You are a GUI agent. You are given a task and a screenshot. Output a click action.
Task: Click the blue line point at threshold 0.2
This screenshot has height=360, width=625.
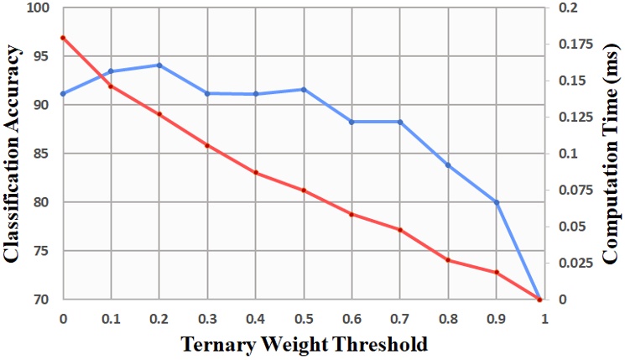pyautogui.click(x=159, y=65)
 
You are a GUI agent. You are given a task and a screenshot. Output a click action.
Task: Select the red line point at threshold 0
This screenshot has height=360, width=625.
pyautogui.click(x=63, y=38)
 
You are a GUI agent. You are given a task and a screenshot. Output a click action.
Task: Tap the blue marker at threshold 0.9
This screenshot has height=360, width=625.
pyautogui.click(x=497, y=202)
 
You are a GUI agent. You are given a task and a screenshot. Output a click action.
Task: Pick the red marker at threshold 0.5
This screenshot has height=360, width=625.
pyautogui.click(x=304, y=190)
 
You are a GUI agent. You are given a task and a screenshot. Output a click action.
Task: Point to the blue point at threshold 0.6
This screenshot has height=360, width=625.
pyautogui.click(x=352, y=122)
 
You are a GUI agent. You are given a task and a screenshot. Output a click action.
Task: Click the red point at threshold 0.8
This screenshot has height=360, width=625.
pyautogui.click(x=448, y=260)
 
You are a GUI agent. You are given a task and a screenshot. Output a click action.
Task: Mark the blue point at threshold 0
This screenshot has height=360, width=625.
pyautogui.click(x=63, y=94)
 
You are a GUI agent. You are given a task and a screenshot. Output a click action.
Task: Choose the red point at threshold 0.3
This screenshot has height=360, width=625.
pyautogui.click(x=207, y=145)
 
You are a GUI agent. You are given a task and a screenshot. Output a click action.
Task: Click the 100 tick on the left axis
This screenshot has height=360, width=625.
pyautogui.click(x=38, y=8)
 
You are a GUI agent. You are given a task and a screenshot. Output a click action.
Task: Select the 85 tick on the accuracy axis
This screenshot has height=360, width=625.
pyautogui.click(x=42, y=154)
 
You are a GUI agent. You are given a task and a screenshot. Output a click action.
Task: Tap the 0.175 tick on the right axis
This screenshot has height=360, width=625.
pyautogui.click(x=576, y=44)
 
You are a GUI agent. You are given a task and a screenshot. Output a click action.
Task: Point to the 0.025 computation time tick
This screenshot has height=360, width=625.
pyautogui.click(x=576, y=263)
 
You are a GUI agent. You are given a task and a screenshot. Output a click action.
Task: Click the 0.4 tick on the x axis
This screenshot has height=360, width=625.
pyautogui.click(x=256, y=319)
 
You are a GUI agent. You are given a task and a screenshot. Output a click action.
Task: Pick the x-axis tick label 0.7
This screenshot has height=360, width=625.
pyautogui.click(x=400, y=319)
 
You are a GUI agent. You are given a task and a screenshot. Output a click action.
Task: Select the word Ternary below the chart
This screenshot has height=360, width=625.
pyautogui.click(x=217, y=345)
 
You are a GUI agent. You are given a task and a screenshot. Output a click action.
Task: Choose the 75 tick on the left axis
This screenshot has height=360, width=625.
pyautogui.click(x=42, y=251)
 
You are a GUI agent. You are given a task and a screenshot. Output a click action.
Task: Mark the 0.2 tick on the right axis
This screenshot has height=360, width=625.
pyautogui.click(x=569, y=8)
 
